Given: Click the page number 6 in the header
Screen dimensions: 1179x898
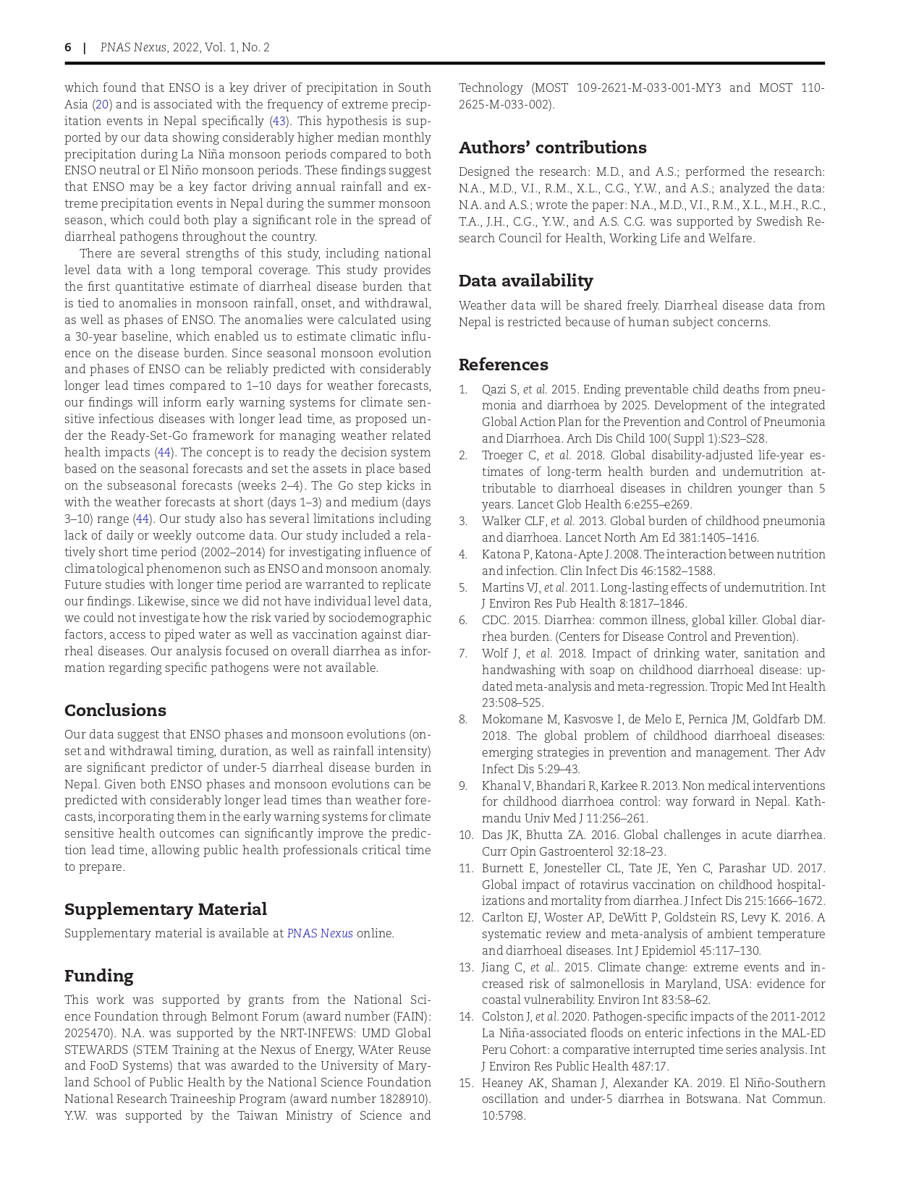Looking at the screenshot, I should click(68, 48).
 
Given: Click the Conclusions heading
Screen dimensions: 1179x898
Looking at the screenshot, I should click(115, 710).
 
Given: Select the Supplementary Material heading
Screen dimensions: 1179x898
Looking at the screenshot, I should click(165, 909).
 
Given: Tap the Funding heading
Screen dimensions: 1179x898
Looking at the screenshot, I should click(98, 976).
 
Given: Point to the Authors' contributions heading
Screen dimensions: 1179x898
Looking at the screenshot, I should click(552, 148).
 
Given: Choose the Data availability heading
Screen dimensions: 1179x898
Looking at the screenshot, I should click(525, 281).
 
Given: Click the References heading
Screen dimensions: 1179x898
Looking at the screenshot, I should click(503, 365).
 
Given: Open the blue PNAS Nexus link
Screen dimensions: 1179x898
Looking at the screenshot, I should click(320, 933).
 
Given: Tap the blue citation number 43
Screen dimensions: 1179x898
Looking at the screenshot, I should click(278, 122).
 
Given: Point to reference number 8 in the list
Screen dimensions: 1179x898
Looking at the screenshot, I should click(463, 720).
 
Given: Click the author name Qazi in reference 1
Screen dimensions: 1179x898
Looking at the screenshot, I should click(495, 389).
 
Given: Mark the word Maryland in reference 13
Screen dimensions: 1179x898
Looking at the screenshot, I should click(675, 984).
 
